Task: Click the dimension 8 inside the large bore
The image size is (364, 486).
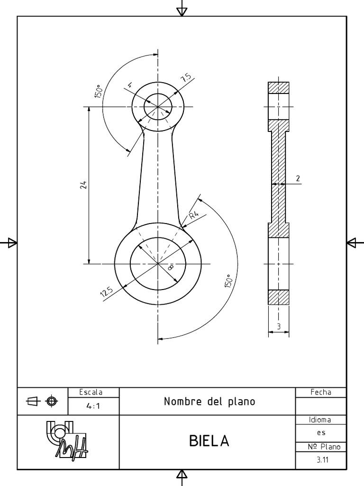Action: coord(171,268)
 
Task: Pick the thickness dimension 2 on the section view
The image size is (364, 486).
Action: coord(298,178)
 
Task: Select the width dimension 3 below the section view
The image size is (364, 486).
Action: coord(279,326)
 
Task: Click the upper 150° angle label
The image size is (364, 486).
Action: coord(98,92)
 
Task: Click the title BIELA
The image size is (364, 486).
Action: coord(209,441)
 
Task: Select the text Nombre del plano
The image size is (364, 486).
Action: coord(209,402)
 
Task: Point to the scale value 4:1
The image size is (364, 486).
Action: coord(93,406)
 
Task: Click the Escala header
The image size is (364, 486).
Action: coord(91,393)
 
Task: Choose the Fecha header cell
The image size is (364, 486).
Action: coord(321,392)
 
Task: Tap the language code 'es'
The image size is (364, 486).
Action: coord(321,433)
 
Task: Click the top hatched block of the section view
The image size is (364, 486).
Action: coord(279,88)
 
